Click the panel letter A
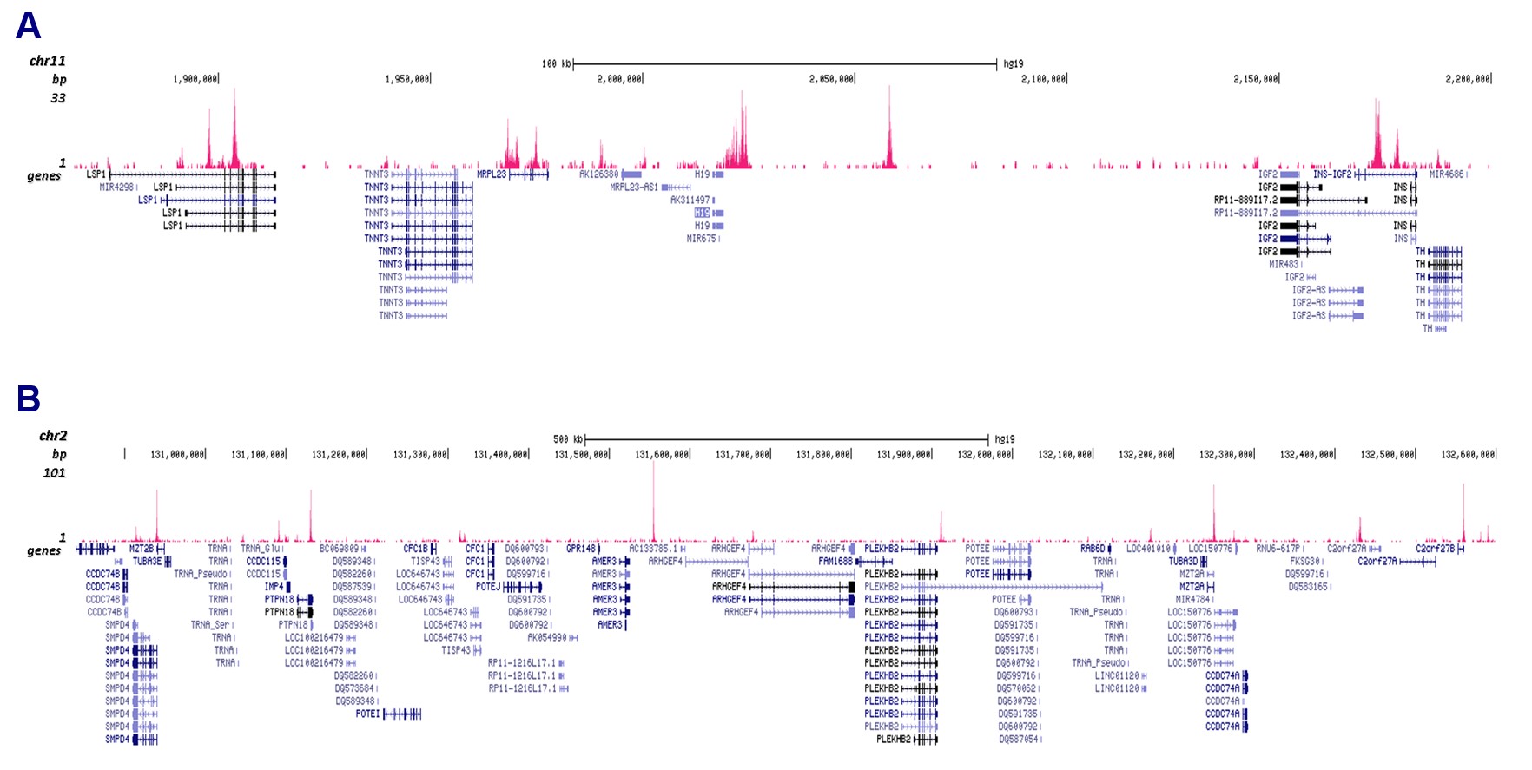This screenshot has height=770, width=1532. pyautogui.click(x=28, y=26)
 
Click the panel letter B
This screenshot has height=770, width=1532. pyautogui.click(x=28, y=399)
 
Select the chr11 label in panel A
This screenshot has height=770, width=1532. pyautogui.click(x=47, y=61)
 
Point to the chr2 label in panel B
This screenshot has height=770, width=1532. pyautogui.click(x=53, y=436)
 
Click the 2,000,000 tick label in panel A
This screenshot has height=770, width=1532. pyautogui.click(x=619, y=79)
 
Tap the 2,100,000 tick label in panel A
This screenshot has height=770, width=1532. pyautogui.click(x=1043, y=79)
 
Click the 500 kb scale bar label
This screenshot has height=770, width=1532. pyautogui.click(x=568, y=439)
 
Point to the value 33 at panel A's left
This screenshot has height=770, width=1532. pyautogui.click(x=58, y=98)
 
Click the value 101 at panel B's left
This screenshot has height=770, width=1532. pyautogui.click(x=54, y=473)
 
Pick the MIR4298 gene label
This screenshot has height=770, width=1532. pyautogui.click(x=116, y=188)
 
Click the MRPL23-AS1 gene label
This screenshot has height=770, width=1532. pyautogui.click(x=634, y=188)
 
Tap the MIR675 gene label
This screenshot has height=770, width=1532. pyautogui.click(x=701, y=239)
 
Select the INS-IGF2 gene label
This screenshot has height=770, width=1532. pyautogui.click(x=1331, y=174)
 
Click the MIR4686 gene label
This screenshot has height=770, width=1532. pyautogui.click(x=1446, y=174)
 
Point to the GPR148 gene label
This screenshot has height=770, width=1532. pyautogui.click(x=581, y=549)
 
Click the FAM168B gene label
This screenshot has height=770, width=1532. pyautogui.click(x=835, y=562)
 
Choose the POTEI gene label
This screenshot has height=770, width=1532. pyautogui.click(x=367, y=714)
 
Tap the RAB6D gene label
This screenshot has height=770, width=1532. pyautogui.click(x=1093, y=549)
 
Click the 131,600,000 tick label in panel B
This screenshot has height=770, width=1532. pyautogui.click(x=662, y=455)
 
